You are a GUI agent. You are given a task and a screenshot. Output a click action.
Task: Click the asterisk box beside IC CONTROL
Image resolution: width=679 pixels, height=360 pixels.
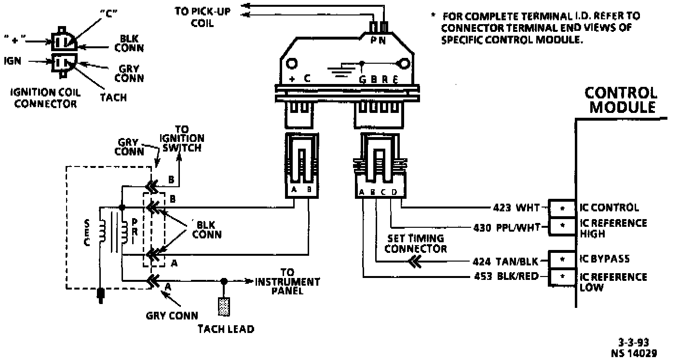coord(562,208)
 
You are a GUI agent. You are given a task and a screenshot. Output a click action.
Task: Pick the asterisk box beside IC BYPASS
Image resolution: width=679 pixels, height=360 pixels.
coord(562,260)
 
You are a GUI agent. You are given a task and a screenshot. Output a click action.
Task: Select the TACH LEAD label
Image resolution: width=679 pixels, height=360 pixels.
coord(226,329)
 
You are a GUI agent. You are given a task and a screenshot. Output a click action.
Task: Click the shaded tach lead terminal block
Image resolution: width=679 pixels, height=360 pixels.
coord(224,306)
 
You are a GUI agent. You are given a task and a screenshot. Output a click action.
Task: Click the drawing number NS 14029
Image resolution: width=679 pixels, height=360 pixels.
coord(635,353)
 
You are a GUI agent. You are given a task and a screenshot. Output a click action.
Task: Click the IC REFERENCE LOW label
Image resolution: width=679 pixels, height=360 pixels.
coord(612,282)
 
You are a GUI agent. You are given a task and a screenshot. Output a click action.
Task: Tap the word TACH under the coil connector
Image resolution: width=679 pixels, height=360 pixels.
coord(113,97)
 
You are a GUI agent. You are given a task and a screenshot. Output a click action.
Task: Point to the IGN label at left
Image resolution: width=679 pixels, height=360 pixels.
coord(12,61)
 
